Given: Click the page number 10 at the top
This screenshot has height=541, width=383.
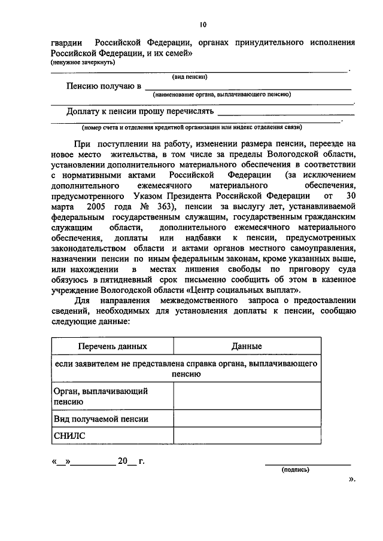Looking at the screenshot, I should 203,25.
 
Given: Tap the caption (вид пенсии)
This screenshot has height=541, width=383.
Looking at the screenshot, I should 190,77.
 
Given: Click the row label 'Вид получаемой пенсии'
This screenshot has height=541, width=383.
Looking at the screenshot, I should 101,419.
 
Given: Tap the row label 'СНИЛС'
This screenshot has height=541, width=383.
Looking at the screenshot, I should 69,436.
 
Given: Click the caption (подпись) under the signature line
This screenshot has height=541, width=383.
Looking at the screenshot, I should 296,469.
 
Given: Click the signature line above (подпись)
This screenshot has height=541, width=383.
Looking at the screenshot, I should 308,464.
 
